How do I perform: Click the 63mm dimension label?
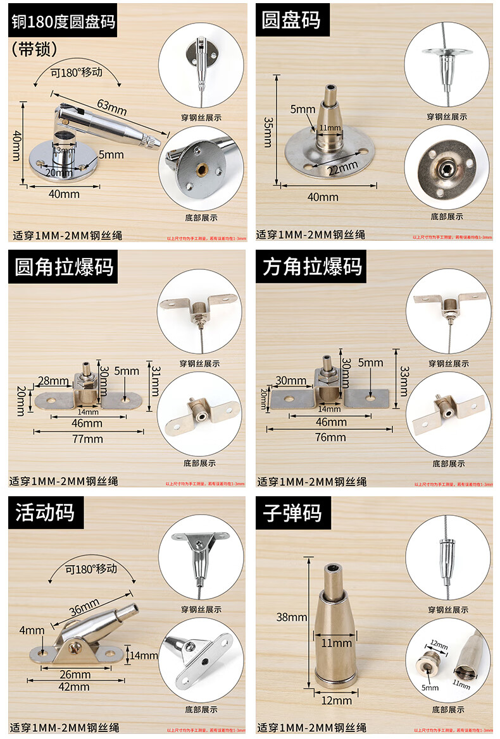pyautogui.click(x=112, y=107)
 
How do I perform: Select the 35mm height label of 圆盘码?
pyautogui.click(x=268, y=131)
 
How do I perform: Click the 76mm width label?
pyautogui.click(x=330, y=437)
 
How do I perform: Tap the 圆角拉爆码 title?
pyautogui.click(x=65, y=267)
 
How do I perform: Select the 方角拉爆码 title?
pyautogui.click(x=313, y=267)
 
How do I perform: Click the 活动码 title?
pyautogui.click(x=45, y=511)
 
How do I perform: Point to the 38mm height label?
pyautogui.click(x=287, y=617)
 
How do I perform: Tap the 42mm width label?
pyautogui.click(x=74, y=687)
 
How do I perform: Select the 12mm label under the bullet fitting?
pyautogui.click(x=337, y=700)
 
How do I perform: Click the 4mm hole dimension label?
pyautogui.click(x=31, y=630)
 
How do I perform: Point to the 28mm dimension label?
pyautogui.click(x=53, y=381)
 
